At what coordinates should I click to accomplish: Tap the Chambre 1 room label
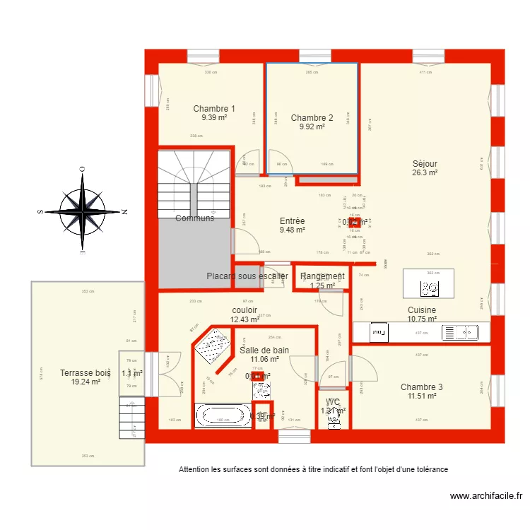(214, 109)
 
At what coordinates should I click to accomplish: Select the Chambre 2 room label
(312, 118)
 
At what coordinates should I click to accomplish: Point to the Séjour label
(425, 163)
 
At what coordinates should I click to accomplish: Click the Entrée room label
(292, 221)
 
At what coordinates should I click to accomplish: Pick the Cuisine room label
(421, 310)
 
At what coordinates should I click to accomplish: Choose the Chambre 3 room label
(421, 387)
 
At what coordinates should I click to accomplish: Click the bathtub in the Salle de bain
(223, 414)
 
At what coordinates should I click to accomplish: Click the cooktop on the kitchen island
(429, 288)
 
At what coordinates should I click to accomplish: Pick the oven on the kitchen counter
(378, 330)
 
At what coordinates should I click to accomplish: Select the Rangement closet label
(323, 276)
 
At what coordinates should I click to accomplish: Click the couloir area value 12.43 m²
(245, 319)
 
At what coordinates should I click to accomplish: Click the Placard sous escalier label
(247, 276)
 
